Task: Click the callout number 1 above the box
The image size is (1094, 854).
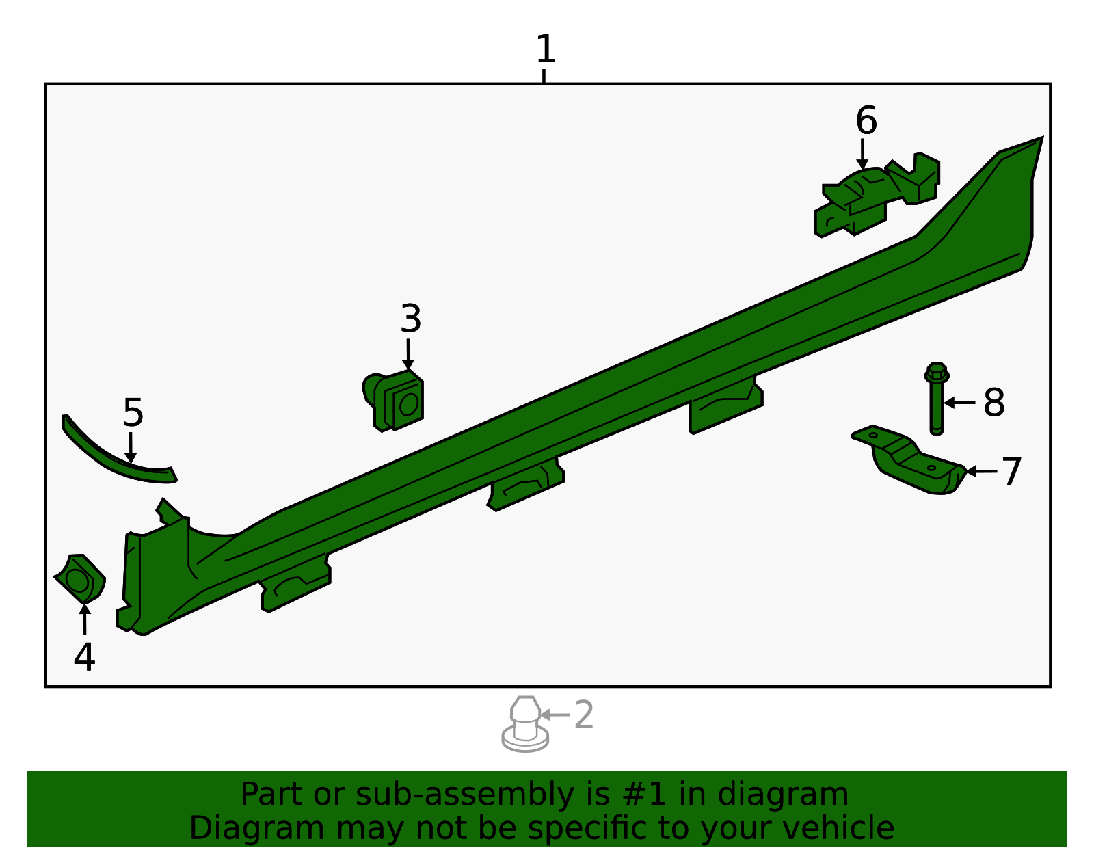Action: coord(545,50)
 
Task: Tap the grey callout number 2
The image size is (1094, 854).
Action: coord(583,715)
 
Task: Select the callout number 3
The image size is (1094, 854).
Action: coord(410,319)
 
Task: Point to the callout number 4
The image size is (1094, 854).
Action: coord(84,657)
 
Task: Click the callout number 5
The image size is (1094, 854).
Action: coord(133,413)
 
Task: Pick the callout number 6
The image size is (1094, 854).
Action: coord(866,121)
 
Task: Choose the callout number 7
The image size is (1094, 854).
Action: coord(1011,472)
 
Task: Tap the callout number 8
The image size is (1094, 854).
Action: coord(993,403)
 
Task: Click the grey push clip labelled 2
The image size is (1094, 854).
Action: coord(524,725)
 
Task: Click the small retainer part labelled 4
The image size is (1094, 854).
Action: coord(81,578)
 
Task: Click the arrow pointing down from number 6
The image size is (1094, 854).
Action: coord(863,154)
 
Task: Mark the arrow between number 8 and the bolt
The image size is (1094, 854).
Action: coord(960,403)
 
